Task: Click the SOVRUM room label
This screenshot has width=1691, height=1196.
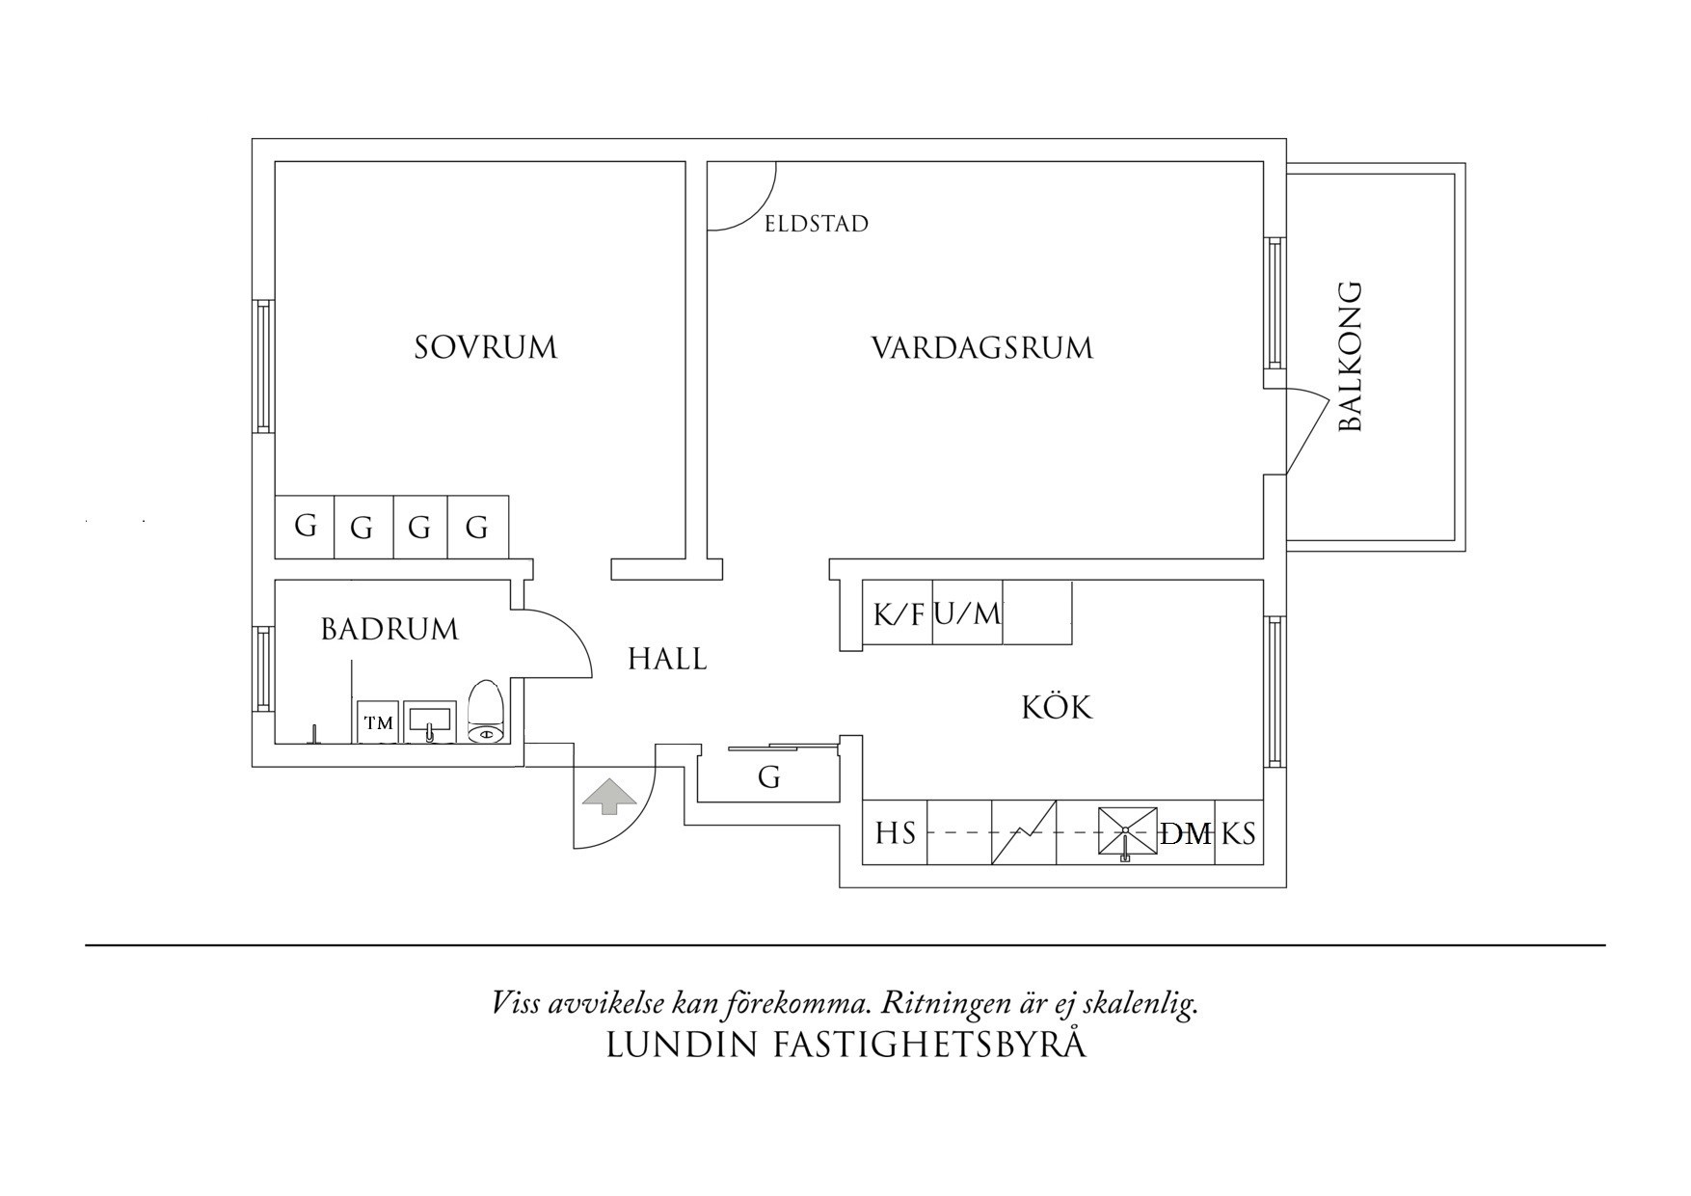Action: (x=486, y=347)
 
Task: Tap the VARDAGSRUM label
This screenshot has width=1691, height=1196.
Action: (x=982, y=347)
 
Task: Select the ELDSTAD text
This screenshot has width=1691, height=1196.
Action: (x=817, y=225)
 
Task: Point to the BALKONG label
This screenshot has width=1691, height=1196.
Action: (x=1351, y=357)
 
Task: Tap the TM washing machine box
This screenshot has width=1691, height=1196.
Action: (x=379, y=722)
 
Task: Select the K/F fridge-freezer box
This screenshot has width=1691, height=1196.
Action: (x=898, y=613)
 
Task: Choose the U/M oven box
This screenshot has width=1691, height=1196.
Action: (x=968, y=613)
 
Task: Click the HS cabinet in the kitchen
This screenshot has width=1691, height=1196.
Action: (x=895, y=832)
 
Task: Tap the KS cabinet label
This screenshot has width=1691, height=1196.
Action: (x=1239, y=832)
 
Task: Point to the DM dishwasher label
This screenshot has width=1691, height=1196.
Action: (x=1186, y=833)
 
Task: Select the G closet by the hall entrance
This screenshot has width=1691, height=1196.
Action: (x=768, y=777)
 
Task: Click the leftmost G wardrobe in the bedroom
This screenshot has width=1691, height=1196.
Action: (x=305, y=527)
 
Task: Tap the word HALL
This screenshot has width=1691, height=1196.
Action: (x=667, y=660)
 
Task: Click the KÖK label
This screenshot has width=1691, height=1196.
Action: (x=1057, y=709)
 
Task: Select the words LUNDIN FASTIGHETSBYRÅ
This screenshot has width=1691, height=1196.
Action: (x=845, y=1045)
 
